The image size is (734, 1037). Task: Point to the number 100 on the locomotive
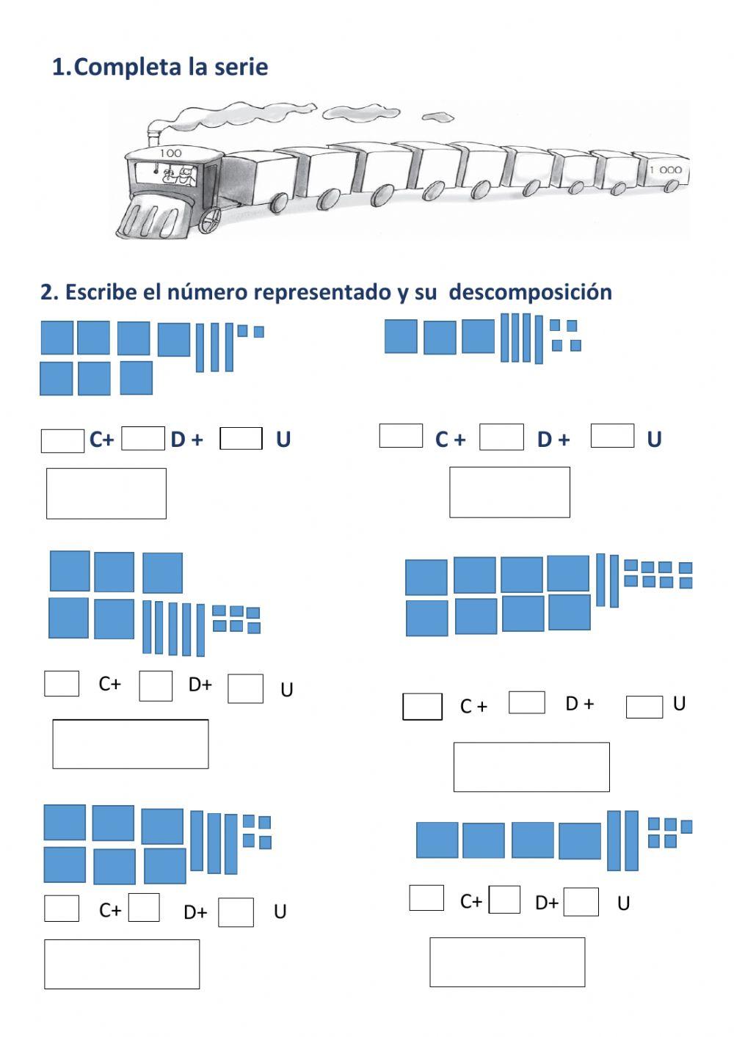click(170, 153)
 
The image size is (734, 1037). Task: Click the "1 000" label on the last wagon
click(665, 170)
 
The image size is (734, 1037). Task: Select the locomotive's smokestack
click(153, 135)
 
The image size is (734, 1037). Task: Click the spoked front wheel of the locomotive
click(209, 219)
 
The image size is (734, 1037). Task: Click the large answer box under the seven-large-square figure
click(106, 493)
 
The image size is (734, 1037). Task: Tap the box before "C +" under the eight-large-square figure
click(422, 707)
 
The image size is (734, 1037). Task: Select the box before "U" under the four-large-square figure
click(581, 902)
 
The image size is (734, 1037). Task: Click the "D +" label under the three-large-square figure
click(553, 440)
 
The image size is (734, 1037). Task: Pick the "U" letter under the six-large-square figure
click(280, 912)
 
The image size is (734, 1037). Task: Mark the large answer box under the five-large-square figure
click(130, 744)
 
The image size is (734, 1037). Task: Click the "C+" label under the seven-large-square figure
click(101, 440)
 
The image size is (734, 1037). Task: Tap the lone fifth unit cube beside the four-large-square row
click(686, 827)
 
